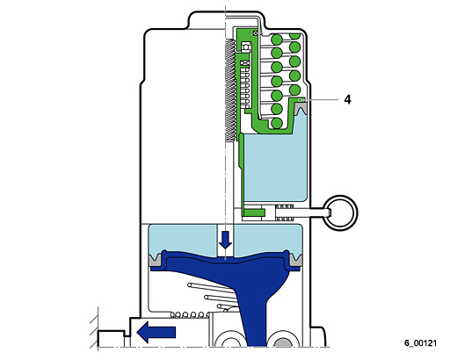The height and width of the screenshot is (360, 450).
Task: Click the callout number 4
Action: pyautogui.click(x=347, y=100)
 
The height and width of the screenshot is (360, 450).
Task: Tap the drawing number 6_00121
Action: pyautogui.click(x=421, y=342)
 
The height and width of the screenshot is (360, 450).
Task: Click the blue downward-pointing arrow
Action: pyautogui.click(x=225, y=240)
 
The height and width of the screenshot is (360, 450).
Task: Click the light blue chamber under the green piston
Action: pyautogui.click(x=275, y=167)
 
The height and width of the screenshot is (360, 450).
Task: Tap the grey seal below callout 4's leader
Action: pyautogui.click(x=301, y=110)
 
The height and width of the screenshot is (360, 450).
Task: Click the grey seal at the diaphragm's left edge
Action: pyautogui.click(x=156, y=261)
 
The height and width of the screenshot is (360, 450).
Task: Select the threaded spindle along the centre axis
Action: pyautogui.click(x=230, y=90)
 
